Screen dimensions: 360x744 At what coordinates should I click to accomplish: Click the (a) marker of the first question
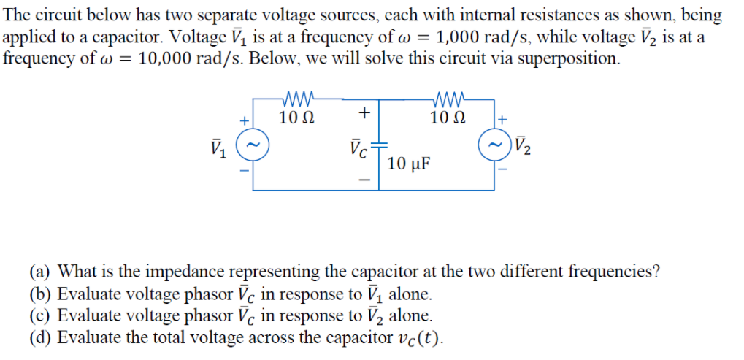pos(40,273)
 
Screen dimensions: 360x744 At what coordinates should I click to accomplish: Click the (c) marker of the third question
pos(40,316)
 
